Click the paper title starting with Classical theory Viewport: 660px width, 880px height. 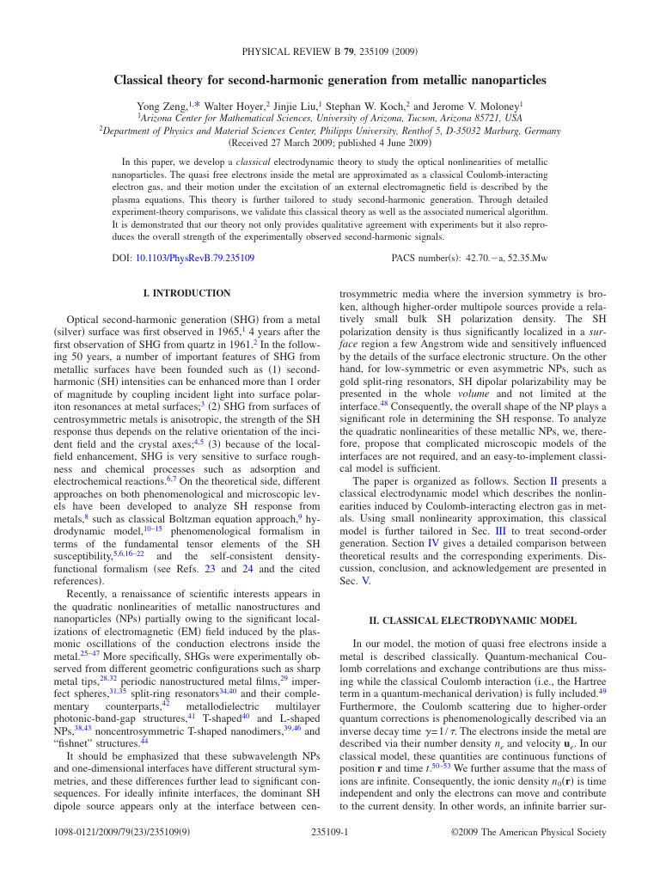(x=329, y=81)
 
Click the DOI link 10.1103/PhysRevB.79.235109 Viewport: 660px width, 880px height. (x=194, y=258)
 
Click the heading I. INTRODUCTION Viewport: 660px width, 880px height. (x=186, y=294)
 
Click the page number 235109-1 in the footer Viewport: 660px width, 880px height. (x=329, y=833)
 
